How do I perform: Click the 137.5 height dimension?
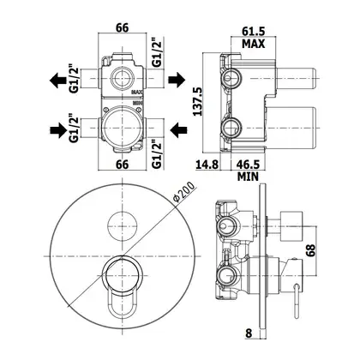pos(197,101)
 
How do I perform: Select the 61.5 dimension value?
pos(254,31)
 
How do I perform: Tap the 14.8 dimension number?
pos(207,165)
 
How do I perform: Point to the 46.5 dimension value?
pos(248,165)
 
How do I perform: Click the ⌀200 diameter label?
pos(184,192)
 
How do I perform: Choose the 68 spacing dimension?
pos(311,250)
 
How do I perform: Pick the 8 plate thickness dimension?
pos(249,333)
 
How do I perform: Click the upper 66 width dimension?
pos(122,27)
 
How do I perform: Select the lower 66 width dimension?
pos(122,165)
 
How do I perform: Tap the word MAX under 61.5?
pos(254,44)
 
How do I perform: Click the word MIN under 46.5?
pos(248,177)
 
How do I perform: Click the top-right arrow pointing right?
pos(177,80)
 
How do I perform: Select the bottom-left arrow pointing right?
pos(58,130)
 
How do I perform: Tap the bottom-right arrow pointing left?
pos(178,130)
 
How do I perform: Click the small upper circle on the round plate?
pos(122,226)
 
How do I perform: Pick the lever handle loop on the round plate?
pos(122,303)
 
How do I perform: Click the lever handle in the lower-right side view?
pos(297,301)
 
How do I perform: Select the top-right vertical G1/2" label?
pos(157,52)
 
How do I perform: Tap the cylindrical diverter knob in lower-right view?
pos(291,226)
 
